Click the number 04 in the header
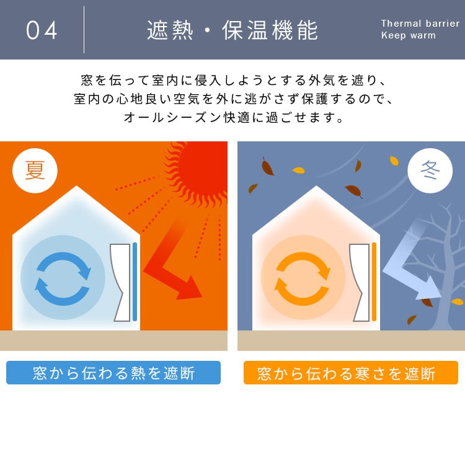[x=42, y=30]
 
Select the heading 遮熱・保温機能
[x=232, y=30]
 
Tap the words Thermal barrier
[x=420, y=23]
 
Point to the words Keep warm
[x=409, y=35]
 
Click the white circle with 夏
[x=35, y=170]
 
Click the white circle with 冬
[x=430, y=170]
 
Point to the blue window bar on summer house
[x=135, y=281]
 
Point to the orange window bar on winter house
[x=374, y=281]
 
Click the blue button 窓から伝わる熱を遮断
[x=113, y=373]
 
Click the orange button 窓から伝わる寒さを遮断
[x=351, y=373]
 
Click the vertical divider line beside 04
[x=84, y=30]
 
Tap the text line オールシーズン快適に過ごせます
[x=234, y=117]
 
